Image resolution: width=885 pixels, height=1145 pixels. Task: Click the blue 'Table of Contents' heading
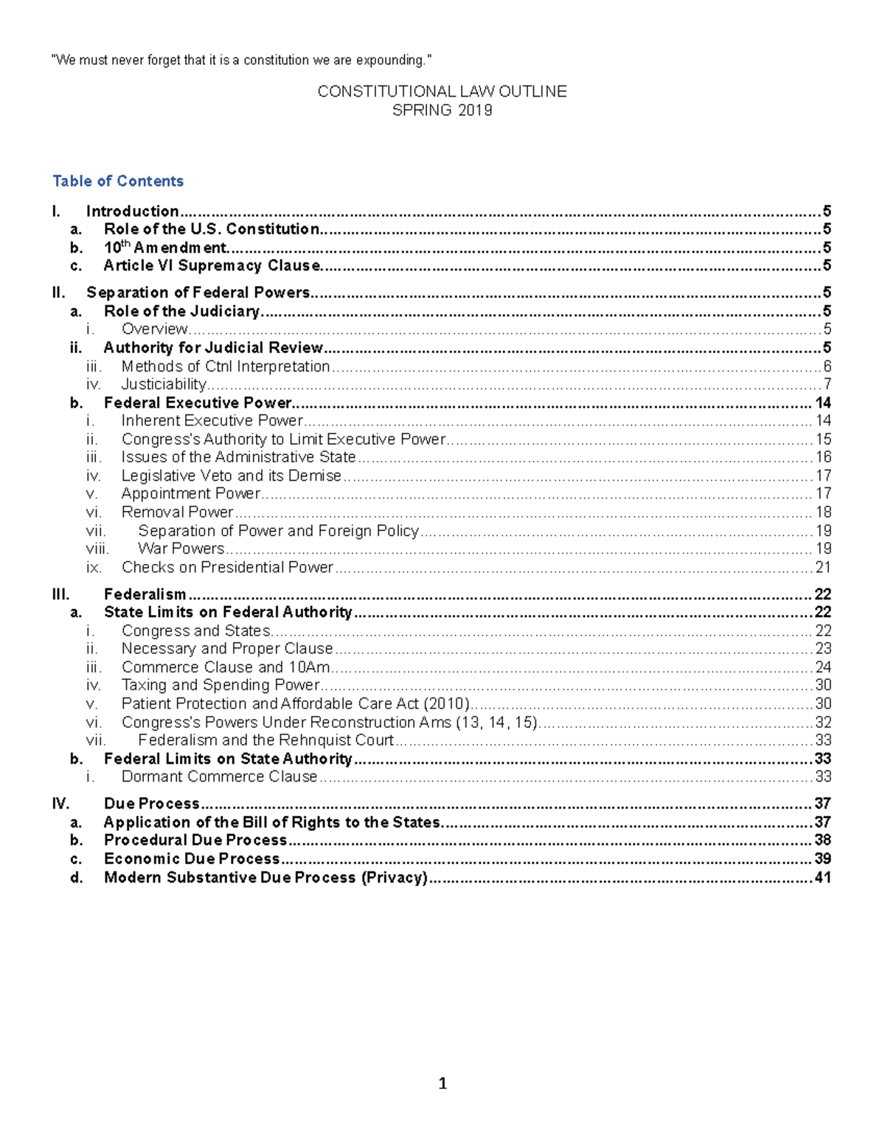(118, 181)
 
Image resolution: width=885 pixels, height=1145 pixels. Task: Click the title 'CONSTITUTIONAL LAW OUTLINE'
(442, 91)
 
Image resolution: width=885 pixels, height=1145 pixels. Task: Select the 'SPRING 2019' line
(442, 111)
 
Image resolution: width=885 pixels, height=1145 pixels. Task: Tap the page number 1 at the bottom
(442, 1083)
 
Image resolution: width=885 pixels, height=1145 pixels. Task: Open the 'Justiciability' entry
(164, 384)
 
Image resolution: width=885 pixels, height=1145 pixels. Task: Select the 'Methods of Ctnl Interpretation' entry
(226, 366)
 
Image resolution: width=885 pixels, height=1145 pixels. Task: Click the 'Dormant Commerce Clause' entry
(219, 777)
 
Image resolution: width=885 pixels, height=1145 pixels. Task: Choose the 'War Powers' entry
(181, 549)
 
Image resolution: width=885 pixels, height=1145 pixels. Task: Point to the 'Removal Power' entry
(177, 512)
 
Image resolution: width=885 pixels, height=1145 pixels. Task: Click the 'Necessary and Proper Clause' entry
(227, 649)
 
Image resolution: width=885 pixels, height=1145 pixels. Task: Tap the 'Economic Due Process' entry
(192, 859)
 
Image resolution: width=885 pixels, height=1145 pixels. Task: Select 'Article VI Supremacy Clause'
(212, 265)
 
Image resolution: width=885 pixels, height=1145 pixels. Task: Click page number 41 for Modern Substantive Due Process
(822, 877)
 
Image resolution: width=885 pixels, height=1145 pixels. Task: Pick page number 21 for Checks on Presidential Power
(823, 568)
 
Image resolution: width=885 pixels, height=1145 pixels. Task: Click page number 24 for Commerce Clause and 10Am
(823, 667)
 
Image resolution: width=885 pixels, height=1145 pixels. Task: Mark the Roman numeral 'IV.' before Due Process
(60, 804)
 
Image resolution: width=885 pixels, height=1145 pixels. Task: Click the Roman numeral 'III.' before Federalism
(60, 594)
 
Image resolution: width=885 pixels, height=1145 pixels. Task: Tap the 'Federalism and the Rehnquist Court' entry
(265, 740)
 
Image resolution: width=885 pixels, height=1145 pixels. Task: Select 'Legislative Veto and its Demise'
(231, 476)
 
